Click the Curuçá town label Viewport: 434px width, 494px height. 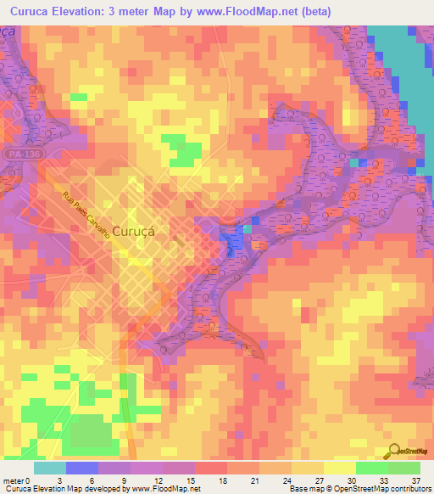click(x=133, y=239)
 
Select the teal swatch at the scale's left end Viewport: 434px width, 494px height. click(x=50, y=468)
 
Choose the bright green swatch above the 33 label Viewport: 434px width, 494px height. click(x=372, y=468)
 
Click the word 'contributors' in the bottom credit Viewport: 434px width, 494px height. click(x=409, y=489)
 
